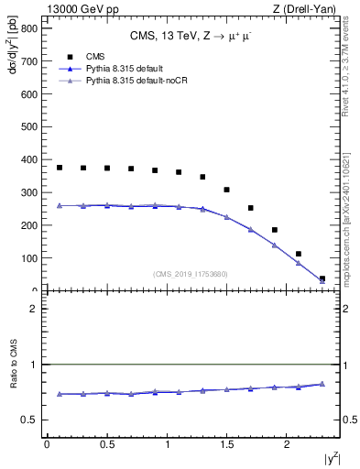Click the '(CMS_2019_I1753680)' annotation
pos(191,274)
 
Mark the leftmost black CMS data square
pos(60,168)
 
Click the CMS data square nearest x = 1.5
pos(227,190)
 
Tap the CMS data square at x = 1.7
pos(251,208)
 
